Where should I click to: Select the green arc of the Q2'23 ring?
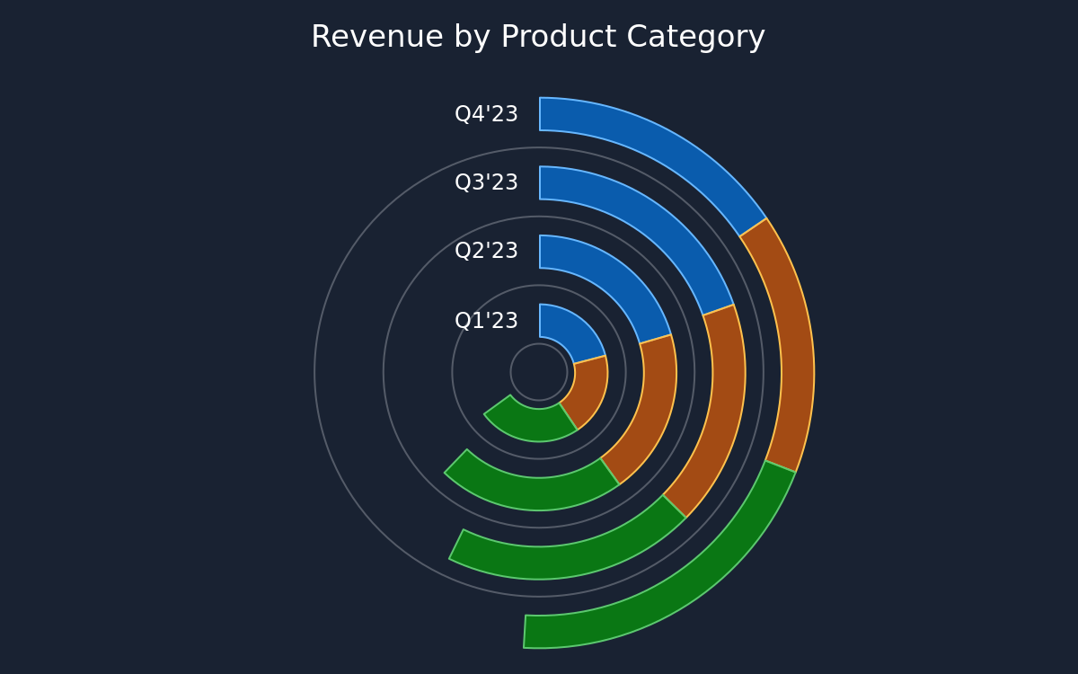[529, 494]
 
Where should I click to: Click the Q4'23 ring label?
[486, 114]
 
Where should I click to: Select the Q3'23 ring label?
[486, 182]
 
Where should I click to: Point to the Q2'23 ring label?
[486, 251]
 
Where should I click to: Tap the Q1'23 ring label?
[486, 321]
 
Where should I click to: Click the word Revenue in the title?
[377, 37]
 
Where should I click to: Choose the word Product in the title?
[558, 37]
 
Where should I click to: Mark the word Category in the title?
[696, 38]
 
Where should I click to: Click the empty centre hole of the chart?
[539, 372]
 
